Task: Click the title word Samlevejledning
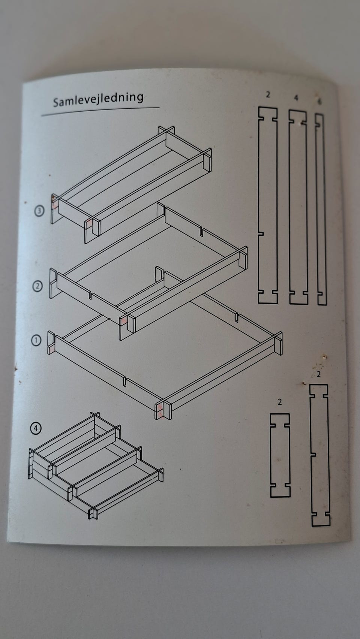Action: pyautogui.click(x=98, y=99)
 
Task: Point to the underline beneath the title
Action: pyautogui.click(x=100, y=112)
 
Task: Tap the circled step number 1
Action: pyautogui.click(x=36, y=340)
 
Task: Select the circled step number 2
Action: pyautogui.click(x=37, y=286)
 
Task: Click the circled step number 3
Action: pyautogui.click(x=39, y=211)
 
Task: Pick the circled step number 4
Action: pyautogui.click(x=36, y=428)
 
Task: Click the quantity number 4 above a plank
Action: pyautogui.click(x=296, y=98)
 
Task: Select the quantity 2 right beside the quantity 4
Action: pyautogui.click(x=268, y=94)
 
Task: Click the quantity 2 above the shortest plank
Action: pyautogui.click(x=279, y=402)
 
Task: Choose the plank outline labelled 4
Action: pyautogui.click(x=298, y=207)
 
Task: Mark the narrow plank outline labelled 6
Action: pyautogui.click(x=321, y=209)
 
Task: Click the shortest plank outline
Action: pyautogui.click(x=280, y=455)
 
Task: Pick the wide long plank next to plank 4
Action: pyautogui.click(x=268, y=205)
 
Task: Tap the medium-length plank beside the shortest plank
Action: pyautogui.click(x=320, y=455)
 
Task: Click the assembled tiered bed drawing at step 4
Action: pyautogui.click(x=96, y=465)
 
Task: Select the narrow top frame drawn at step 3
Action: pyautogui.click(x=131, y=184)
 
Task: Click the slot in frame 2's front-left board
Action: pyautogui.click(x=90, y=295)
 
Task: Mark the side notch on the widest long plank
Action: pyautogui.click(x=261, y=233)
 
